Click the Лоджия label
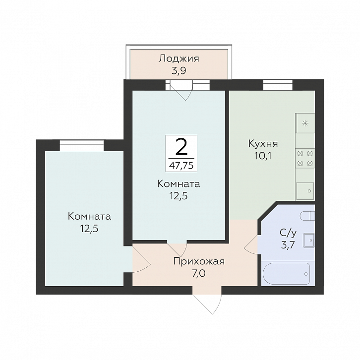(x=179, y=59)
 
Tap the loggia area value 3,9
(x=179, y=71)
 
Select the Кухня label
(x=263, y=144)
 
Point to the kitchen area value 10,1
(x=263, y=156)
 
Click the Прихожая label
(x=199, y=261)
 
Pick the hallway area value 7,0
(x=199, y=273)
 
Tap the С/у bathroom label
(x=288, y=233)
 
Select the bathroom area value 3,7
(x=288, y=245)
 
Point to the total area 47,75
(x=181, y=165)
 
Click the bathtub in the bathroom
(x=286, y=274)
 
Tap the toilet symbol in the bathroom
(x=307, y=216)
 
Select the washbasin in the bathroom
(x=309, y=240)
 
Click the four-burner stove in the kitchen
(x=305, y=158)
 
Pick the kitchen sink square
(x=305, y=191)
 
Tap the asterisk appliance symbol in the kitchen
(x=305, y=123)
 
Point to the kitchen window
(x=278, y=85)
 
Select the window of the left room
(x=82, y=145)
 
